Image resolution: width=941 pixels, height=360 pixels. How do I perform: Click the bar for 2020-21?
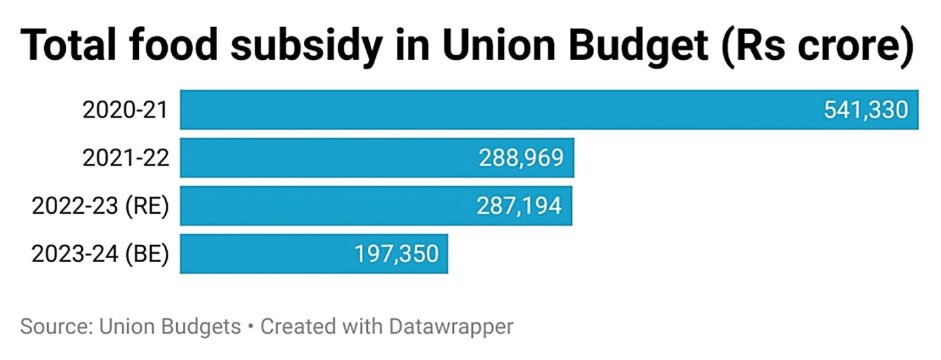click(x=500, y=109)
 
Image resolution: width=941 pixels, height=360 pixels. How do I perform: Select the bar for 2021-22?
click(x=329, y=158)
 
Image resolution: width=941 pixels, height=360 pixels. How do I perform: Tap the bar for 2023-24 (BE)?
click(x=263, y=254)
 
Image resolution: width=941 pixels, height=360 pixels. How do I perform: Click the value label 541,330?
click(x=866, y=110)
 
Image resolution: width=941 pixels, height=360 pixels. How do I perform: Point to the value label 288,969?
click(x=521, y=158)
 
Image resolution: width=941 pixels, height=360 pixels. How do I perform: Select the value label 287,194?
click(x=519, y=206)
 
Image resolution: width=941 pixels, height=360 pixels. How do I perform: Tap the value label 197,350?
click(x=396, y=254)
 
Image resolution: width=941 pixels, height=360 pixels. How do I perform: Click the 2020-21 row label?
click(x=126, y=110)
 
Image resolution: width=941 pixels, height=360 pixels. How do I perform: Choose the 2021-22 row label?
click(x=126, y=158)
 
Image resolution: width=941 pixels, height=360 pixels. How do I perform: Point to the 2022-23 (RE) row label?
click(x=100, y=206)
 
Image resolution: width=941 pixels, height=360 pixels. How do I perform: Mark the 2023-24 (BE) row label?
click(x=100, y=254)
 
